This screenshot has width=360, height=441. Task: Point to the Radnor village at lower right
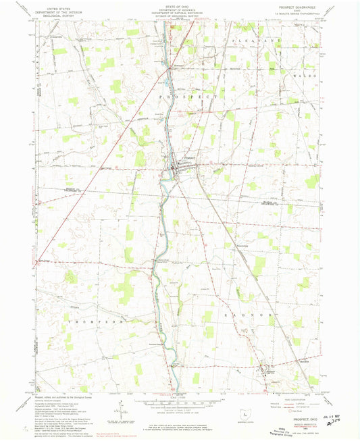(265, 370)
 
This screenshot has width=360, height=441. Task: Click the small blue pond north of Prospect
(168, 84)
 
